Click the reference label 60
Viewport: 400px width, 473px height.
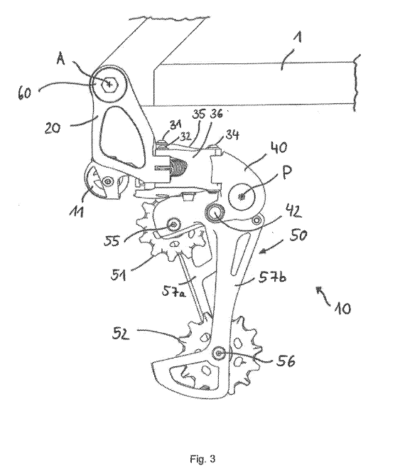tap(24, 93)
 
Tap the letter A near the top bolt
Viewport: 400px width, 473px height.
tap(61, 60)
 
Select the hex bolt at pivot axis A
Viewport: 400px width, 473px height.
tap(109, 85)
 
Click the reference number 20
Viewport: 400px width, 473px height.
tap(53, 128)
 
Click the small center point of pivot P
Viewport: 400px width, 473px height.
tap(242, 198)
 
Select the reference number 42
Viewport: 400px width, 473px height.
tap(293, 211)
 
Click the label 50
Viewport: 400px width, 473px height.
tap(298, 235)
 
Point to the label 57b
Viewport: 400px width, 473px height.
tap(271, 276)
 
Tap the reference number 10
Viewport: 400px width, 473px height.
tap(342, 309)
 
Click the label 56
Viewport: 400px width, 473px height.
tap(286, 361)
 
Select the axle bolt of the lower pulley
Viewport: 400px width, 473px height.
tap(218, 354)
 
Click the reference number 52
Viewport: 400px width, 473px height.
tap(121, 334)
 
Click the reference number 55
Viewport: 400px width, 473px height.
tap(112, 240)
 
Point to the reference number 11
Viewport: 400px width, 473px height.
tap(76, 211)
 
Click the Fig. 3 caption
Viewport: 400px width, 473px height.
tap(202, 459)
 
